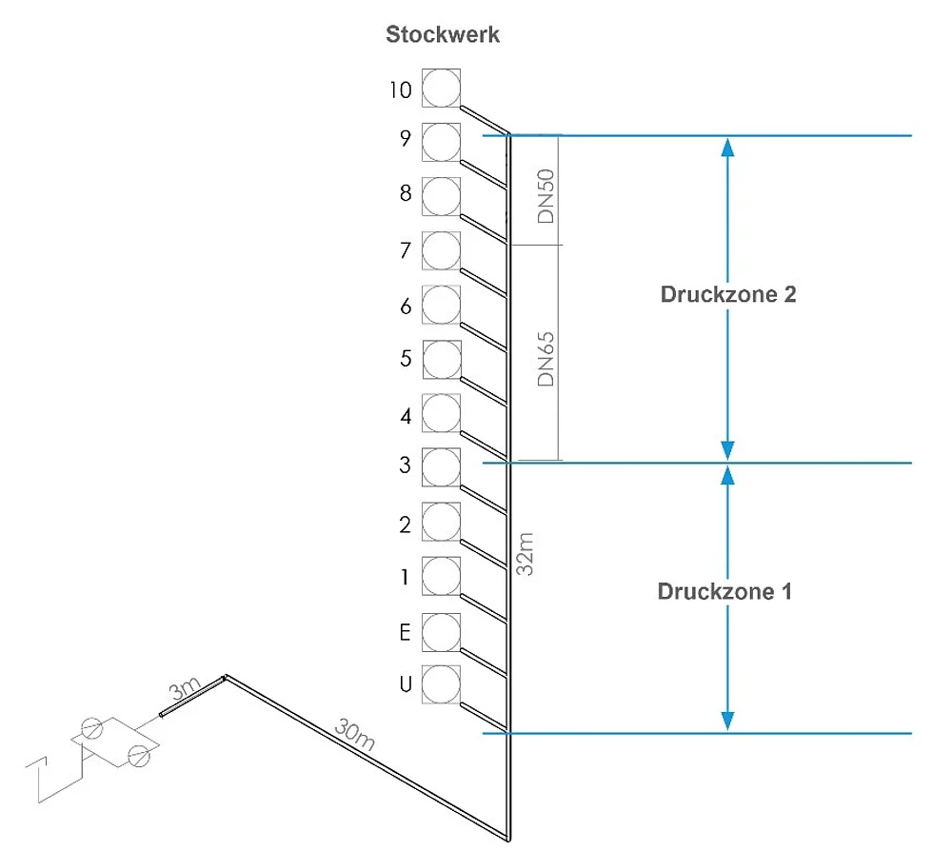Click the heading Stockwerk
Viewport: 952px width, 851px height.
(443, 35)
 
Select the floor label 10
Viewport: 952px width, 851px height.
(400, 90)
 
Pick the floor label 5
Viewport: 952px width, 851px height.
(406, 360)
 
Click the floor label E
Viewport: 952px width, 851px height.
(406, 630)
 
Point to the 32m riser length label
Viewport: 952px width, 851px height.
(525, 554)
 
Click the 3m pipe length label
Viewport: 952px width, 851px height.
(181, 689)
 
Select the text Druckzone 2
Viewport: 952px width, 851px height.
(728, 294)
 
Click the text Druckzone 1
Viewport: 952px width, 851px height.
(724, 591)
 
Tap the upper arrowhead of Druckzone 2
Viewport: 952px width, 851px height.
(728, 146)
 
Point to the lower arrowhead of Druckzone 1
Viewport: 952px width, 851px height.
(728, 722)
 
